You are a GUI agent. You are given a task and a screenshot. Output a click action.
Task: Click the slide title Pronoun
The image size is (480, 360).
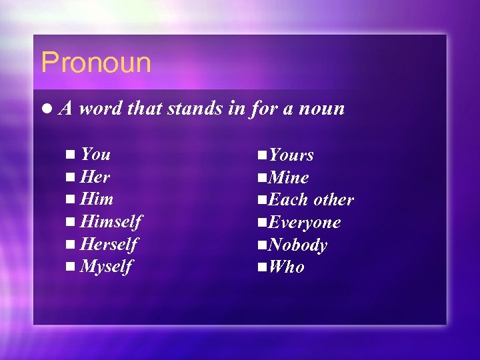point(96,63)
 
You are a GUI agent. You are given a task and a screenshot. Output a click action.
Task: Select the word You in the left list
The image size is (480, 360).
point(95,154)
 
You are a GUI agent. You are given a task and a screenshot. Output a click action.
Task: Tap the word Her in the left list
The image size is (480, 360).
point(95,177)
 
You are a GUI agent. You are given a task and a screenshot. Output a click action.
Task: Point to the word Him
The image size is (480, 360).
point(97,199)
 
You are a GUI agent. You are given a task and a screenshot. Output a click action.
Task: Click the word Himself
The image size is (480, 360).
point(111,221)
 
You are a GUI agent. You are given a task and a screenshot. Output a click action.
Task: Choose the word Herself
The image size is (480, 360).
point(109,244)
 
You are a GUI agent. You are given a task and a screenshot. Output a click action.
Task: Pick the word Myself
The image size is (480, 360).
point(106,267)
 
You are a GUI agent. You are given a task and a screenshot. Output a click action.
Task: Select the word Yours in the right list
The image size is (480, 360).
point(291,155)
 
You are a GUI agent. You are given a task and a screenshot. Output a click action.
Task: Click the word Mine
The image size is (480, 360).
point(289,178)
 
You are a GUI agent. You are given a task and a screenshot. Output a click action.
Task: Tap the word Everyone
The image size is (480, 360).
point(305,223)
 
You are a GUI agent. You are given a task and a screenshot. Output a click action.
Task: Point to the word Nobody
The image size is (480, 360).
point(297,245)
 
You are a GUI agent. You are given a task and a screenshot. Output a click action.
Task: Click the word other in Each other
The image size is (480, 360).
point(333,200)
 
